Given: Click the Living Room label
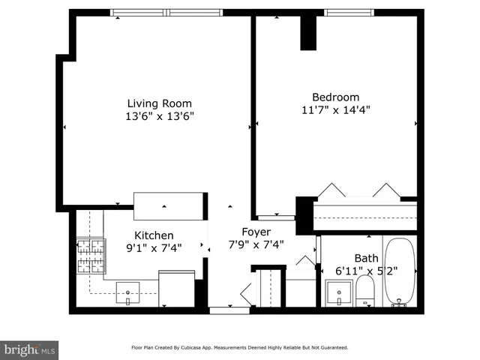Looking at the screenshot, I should tap(159, 103).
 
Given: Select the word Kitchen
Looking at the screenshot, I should tap(154, 235).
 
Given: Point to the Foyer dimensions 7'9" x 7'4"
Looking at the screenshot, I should tap(256, 244).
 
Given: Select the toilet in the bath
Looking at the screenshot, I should tap(365, 291).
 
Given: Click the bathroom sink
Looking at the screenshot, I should tap(340, 292).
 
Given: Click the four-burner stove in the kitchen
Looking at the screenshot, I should tap(90, 256).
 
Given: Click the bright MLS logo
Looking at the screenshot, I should tap(29, 349).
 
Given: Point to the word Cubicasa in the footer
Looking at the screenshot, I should tap(219, 348).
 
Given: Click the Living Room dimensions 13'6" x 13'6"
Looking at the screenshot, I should tap(159, 116).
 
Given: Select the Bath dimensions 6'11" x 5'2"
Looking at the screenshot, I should tap(367, 271).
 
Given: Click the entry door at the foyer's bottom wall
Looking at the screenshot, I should tap(229, 309).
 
